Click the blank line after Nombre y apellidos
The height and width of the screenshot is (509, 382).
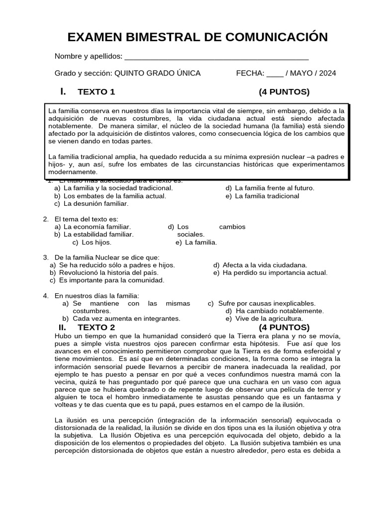216,56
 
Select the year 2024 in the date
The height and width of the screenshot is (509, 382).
327,73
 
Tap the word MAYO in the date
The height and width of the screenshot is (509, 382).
301,73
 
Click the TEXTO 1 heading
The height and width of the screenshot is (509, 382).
96,91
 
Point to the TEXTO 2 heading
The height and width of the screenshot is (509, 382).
96,327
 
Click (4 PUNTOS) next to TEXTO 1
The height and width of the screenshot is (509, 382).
284,91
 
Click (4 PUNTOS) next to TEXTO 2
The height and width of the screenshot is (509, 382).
284,327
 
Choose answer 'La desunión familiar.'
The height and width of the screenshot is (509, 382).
96,204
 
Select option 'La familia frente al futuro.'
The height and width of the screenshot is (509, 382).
275,188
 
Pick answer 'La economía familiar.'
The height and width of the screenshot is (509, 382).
97,227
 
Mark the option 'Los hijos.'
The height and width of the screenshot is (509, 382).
96,243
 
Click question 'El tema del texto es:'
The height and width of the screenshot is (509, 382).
87,219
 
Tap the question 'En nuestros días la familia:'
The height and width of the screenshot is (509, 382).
97,295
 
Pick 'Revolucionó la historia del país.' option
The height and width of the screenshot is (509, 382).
108,272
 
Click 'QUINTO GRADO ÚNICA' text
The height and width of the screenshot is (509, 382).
158,73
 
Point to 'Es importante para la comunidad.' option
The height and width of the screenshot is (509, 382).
111,280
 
